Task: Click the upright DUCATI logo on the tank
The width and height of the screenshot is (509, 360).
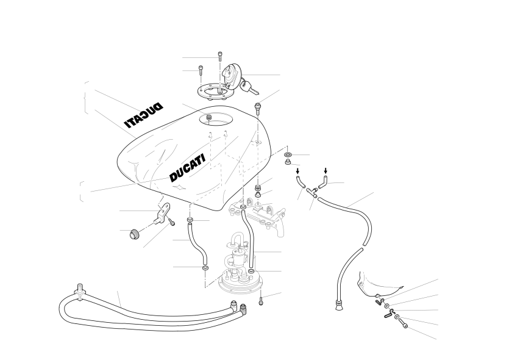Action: coord(188,168)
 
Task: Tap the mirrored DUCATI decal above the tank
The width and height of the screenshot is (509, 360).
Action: coord(143,115)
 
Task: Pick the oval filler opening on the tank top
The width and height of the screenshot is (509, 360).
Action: coord(216,118)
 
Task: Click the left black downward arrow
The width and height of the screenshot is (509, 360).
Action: coord(297,171)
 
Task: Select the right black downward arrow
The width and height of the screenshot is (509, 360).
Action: coord(326,171)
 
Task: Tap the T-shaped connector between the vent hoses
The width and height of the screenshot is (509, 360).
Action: coord(312,192)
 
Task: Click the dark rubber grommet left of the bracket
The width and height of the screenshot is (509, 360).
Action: coord(133,234)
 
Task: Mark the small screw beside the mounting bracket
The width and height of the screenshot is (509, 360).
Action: coord(172,222)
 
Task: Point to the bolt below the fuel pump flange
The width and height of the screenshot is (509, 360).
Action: coord(261,301)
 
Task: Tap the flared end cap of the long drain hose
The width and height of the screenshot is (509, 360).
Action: coord(339,305)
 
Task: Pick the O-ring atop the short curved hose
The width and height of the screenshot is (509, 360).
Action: coord(190,221)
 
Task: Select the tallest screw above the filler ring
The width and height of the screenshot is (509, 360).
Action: coord(220,57)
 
